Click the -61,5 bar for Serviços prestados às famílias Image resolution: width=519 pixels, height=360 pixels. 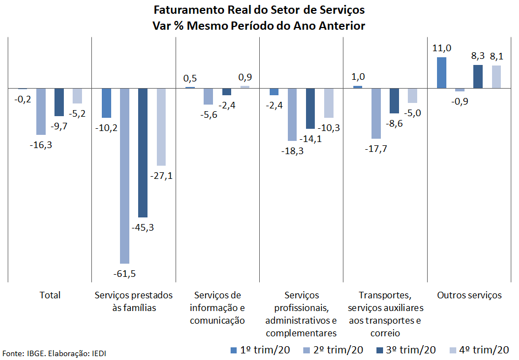124,176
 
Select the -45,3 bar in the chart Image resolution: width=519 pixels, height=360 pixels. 143,152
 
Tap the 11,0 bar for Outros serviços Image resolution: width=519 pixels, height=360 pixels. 441,73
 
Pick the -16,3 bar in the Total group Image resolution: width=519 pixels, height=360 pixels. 41,112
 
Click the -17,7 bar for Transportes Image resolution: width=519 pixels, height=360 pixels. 376,113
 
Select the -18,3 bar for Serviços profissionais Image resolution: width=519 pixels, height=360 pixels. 292,114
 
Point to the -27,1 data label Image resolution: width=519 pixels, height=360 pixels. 161,176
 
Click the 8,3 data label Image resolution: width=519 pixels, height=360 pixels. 478,56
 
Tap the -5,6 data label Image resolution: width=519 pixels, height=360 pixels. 209,115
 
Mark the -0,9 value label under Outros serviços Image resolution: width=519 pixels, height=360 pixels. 460,101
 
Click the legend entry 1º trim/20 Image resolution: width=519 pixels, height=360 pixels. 260,350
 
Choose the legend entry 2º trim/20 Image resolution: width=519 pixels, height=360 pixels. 333,350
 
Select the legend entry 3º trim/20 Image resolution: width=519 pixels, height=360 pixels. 406,350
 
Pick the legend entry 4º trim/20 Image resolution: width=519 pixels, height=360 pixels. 479,350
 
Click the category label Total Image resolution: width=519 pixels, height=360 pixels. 50,295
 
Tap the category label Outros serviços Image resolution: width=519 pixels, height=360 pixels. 469,295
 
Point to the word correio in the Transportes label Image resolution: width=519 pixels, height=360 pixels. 385,333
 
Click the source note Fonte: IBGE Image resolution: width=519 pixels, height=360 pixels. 24,353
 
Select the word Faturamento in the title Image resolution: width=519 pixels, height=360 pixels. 189,10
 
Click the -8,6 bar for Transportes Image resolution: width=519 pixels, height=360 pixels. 394,101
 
